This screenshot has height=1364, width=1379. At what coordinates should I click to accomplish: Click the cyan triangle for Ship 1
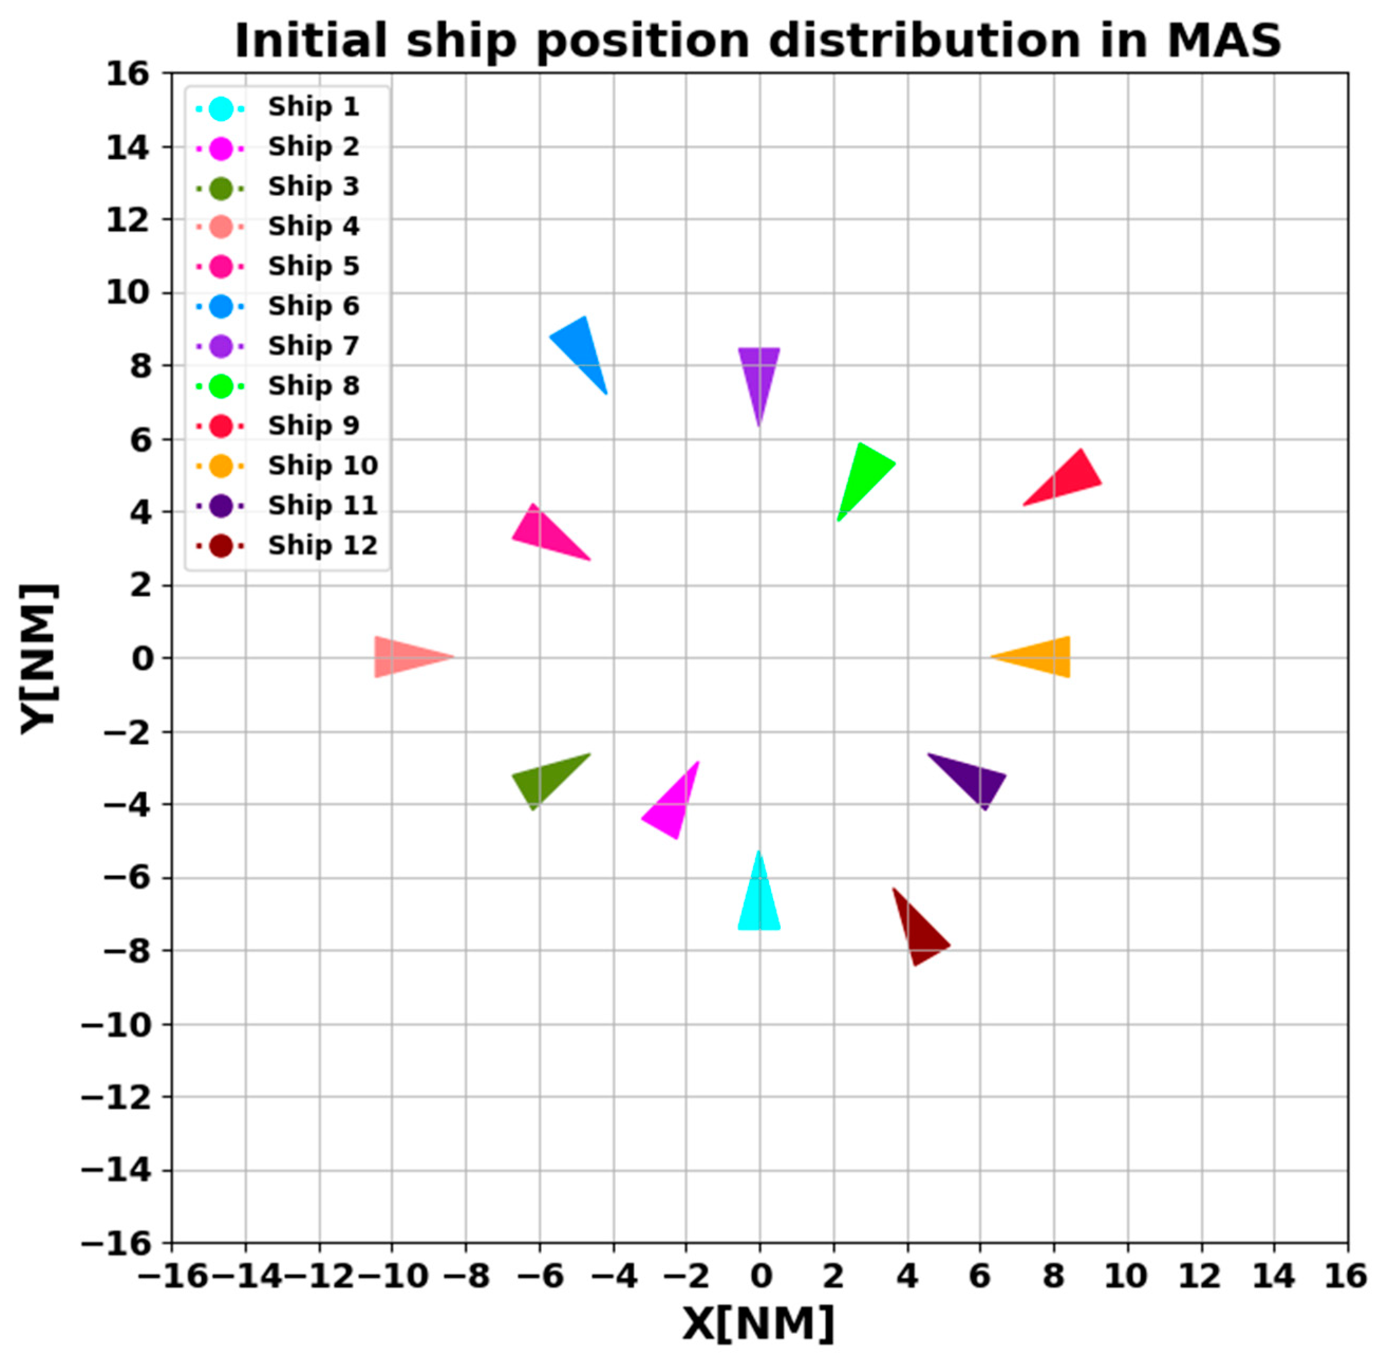coord(759,903)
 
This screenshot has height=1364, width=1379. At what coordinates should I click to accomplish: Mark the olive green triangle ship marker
coord(546,779)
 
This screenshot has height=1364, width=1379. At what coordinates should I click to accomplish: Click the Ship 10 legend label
coord(323,466)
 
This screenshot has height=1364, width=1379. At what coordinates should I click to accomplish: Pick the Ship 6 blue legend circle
coord(221,306)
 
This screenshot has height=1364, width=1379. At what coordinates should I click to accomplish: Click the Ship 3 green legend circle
coord(221,188)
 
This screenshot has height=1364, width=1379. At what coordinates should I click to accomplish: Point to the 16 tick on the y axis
coord(128,73)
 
